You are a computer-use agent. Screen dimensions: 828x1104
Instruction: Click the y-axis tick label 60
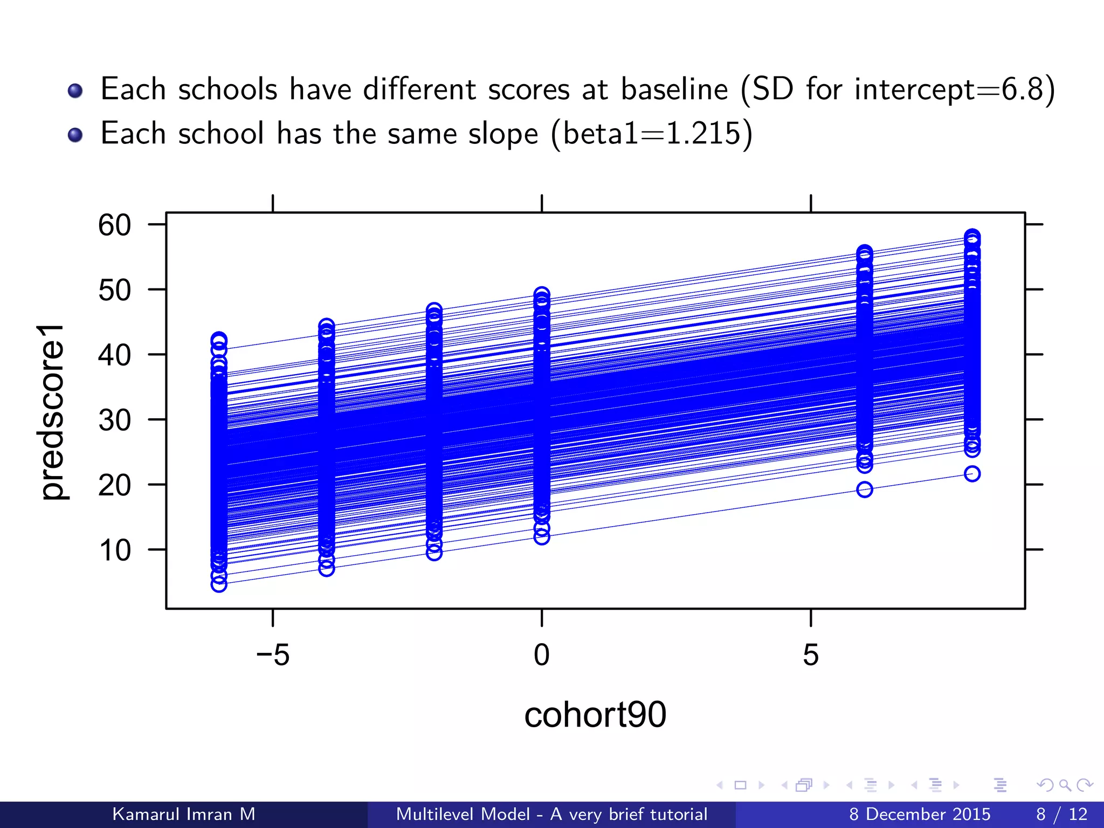114,225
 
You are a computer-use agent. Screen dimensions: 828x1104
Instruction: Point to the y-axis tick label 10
114,551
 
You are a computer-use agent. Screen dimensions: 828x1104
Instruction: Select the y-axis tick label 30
114,420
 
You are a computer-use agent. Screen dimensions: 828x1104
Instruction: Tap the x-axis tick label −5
273,655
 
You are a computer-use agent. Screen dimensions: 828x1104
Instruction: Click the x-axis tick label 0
541,655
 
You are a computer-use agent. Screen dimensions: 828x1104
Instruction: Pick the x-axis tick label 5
810,655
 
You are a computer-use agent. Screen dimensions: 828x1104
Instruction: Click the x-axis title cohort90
595,715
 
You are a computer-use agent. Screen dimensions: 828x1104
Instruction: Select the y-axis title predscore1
52,412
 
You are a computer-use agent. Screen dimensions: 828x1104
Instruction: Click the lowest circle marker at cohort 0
542,537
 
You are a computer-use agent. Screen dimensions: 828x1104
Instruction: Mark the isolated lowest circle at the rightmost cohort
972,474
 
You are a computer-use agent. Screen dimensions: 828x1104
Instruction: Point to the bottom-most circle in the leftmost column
219,584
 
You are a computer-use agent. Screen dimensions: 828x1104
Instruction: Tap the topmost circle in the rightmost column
972,237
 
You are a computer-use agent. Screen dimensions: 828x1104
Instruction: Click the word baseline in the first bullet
674,89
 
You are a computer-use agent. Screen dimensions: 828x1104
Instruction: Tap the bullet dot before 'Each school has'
75,134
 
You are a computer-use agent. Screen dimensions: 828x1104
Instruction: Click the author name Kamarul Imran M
184,814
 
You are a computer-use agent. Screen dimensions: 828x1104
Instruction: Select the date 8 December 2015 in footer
920,814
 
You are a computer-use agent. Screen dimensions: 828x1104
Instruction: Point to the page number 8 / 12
1061,814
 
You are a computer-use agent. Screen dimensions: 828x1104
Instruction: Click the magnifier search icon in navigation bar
1065,785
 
